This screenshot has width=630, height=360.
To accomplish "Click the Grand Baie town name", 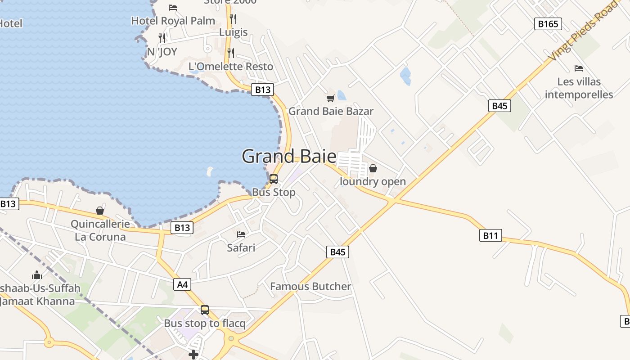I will pyautogui.click(x=289, y=157).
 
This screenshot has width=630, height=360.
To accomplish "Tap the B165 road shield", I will pyautogui.click(x=548, y=24).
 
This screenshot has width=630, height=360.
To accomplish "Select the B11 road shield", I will pyautogui.click(x=490, y=235).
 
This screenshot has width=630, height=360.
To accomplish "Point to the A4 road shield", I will pyautogui.click(x=182, y=284).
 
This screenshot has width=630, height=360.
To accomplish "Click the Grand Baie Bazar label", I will pyautogui.click(x=331, y=111).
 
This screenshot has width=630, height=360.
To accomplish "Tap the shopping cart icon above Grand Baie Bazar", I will pyautogui.click(x=331, y=98).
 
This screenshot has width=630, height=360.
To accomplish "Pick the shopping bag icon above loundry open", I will pyautogui.click(x=373, y=169).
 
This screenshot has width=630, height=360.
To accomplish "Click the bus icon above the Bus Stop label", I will pyautogui.click(x=274, y=179).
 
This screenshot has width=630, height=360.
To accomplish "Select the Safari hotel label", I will pyautogui.click(x=241, y=247).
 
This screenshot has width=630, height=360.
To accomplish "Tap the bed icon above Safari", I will pyautogui.click(x=241, y=234).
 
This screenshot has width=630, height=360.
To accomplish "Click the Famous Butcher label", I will pyautogui.click(x=310, y=286).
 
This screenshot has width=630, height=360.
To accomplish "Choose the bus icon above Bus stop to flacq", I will pyautogui.click(x=205, y=310).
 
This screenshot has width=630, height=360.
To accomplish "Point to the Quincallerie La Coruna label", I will pyautogui.click(x=100, y=230).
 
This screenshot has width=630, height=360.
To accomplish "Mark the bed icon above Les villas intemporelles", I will pyautogui.click(x=579, y=68).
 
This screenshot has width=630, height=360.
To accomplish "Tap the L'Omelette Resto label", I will pyautogui.click(x=231, y=67).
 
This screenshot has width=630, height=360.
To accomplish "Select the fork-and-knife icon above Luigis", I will pyautogui.click(x=233, y=19).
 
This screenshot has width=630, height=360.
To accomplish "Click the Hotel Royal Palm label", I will pyautogui.click(x=173, y=21).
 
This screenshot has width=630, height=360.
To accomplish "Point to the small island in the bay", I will pyautogui.click(x=210, y=171).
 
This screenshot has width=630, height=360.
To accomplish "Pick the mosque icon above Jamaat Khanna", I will pyautogui.click(x=37, y=275).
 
